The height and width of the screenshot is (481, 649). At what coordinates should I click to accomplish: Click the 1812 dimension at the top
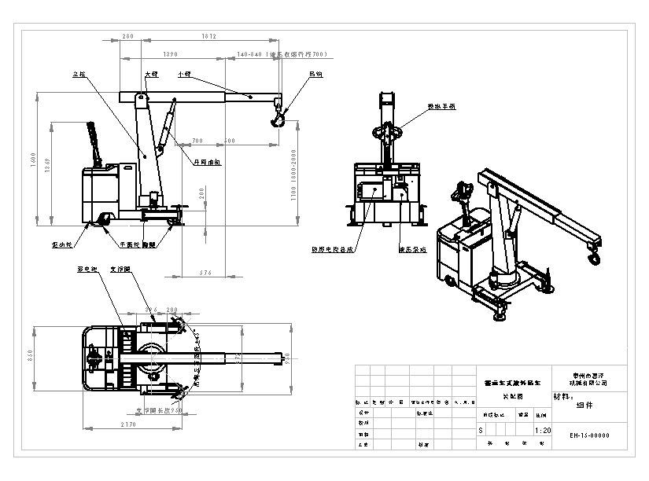tap(208, 36)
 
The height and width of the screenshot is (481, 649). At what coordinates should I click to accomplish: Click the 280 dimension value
tap(127, 36)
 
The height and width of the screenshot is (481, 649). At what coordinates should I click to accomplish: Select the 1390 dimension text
tap(168, 55)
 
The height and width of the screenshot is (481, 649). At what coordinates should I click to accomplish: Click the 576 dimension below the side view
tap(206, 272)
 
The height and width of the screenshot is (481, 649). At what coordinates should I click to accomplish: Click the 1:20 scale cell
tap(542, 431)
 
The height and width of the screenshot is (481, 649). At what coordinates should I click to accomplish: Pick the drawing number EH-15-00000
tap(589, 435)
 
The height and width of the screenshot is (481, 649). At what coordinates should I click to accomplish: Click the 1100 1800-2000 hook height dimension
tap(292, 175)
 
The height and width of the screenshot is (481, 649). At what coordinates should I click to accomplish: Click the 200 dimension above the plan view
tap(172, 310)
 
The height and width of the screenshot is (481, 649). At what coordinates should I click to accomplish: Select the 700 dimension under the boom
tap(197, 140)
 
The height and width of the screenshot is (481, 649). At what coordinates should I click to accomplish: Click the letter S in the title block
tap(481, 431)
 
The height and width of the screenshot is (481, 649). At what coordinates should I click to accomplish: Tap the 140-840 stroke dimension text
tap(282, 55)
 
